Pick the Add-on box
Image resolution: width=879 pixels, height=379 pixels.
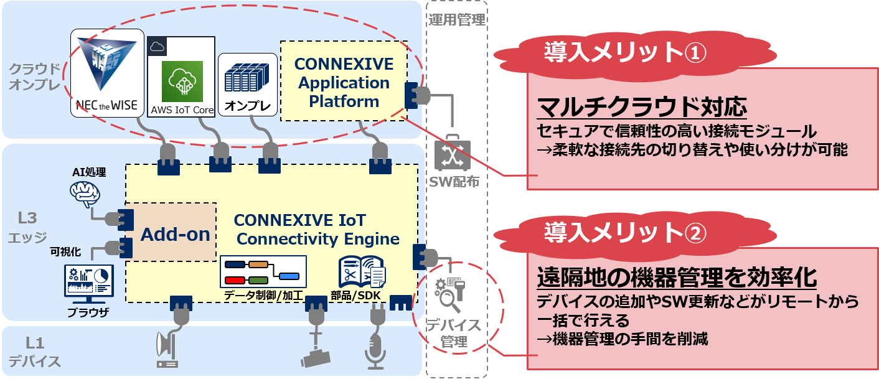tap(175, 235)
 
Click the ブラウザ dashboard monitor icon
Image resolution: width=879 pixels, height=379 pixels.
tap(88, 283)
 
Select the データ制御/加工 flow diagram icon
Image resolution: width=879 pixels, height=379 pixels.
tap(263, 271)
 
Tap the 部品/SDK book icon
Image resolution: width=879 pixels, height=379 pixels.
tap(362, 271)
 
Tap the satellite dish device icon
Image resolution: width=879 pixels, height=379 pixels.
tap(167, 349)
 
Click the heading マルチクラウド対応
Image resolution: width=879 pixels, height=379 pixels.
tap(642, 108)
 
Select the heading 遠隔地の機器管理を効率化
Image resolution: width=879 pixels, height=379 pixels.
tap(677, 278)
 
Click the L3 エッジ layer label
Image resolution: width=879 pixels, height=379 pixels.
tap(28, 228)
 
